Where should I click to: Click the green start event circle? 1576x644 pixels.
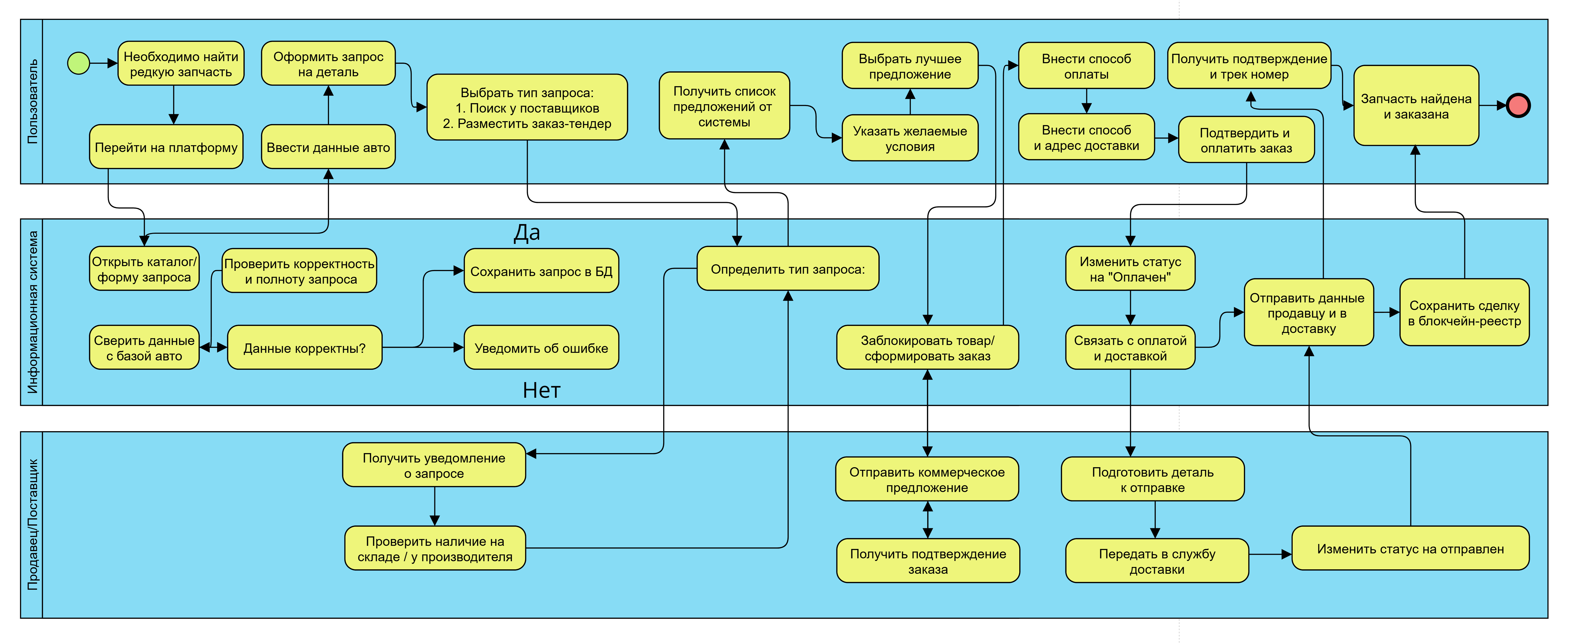tap(78, 63)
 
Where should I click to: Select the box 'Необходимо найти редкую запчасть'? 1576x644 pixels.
tap(181, 64)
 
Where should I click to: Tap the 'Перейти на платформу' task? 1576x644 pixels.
tap(166, 147)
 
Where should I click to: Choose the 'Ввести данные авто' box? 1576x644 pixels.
tap(328, 147)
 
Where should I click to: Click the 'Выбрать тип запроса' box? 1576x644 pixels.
tap(527, 108)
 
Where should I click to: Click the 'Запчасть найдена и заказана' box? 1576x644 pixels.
tap(1416, 106)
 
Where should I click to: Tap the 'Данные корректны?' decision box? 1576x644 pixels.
tap(304, 348)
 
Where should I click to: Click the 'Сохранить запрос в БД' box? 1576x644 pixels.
tap(541, 271)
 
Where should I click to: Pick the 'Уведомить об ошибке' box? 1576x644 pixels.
tap(541, 348)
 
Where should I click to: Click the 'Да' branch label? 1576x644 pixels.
tap(527, 233)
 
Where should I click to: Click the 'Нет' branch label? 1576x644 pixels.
tap(541, 390)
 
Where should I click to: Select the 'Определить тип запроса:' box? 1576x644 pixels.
tap(787, 269)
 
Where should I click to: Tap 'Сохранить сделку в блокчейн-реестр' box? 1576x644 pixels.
tap(1464, 313)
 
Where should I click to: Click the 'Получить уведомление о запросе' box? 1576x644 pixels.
tap(434, 465)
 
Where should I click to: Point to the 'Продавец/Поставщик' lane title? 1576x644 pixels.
tap(32, 525)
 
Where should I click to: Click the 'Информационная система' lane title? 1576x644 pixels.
tap(32, 312)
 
